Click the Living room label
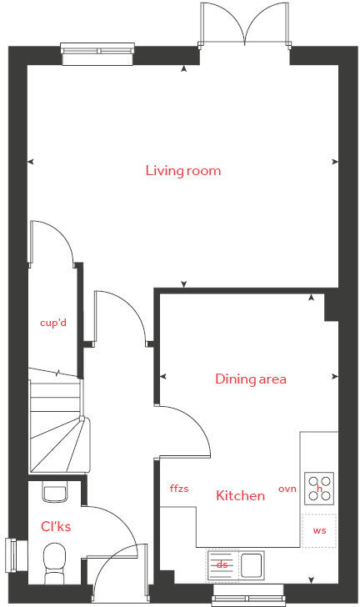tap(183, 171)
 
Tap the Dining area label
tap(251, 379)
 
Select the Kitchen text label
tap(241, 496)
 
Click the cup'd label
tap(53, 322)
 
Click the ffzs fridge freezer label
tap(179, 489)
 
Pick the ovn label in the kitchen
tap(287, 489)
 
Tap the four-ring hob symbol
tap(319, 488)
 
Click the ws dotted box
tap(319, 530)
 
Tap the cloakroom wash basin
tap(55, 493)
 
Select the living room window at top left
tap(98, 53)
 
